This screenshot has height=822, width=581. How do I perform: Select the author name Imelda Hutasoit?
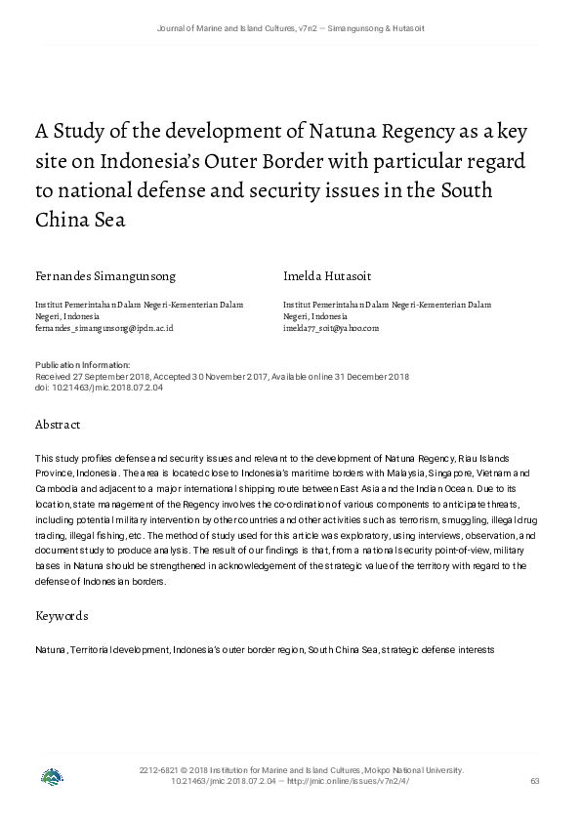point(328,276)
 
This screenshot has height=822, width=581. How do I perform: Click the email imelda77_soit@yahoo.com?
point(331,329)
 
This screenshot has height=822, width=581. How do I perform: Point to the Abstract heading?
point(58,425)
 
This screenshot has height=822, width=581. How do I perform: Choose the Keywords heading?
point(62,616)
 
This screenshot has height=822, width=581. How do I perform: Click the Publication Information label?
point(75,365)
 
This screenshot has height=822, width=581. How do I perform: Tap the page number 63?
point(534,781)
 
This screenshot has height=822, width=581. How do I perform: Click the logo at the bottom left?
point(52,777)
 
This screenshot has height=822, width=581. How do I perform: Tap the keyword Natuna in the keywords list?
point(50,649)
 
